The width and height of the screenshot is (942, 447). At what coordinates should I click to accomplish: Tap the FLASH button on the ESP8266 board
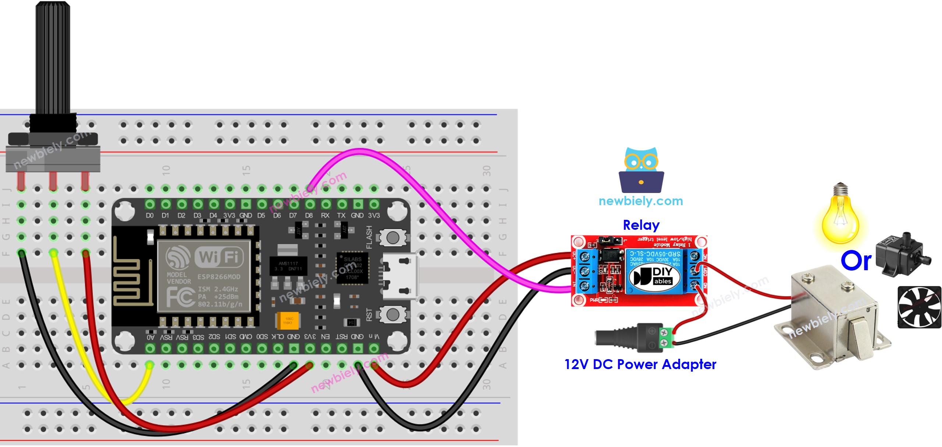pyautogui.click(x=392, y=238)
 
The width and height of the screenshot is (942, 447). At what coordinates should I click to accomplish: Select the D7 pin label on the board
pyautogui.click(x=293, y=215)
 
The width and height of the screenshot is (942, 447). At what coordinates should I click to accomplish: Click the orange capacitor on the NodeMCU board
pyautogui.click(x=288, y=321)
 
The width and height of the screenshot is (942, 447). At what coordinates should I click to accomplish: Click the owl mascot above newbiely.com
pyautogui.click(x=641, y=170)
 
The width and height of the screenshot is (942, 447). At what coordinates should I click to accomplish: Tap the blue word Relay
pyautogui.click(x=641, y=225)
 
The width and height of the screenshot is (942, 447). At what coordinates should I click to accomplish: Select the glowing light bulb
pyautogui.click(x=840, y=217)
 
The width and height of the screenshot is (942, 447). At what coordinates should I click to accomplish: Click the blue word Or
pyautogui.click(x=856, y=261)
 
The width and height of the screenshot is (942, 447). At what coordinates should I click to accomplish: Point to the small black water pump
pyautogui.click(x=901, y=254)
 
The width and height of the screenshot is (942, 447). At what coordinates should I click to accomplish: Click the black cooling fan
pyautogui.click(x=919, y=307)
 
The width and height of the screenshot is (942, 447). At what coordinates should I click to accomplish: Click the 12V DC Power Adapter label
pyautogui.click(x=640, y=364)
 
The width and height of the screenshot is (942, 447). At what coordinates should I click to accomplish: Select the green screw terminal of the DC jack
pyautogui.click(x=665, y=337)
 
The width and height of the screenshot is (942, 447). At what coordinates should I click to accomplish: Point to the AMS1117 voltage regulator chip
pyautogui.click(x=288, y=266)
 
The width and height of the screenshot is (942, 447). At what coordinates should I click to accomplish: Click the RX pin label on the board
pyautogui.click(x=325, y=215)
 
